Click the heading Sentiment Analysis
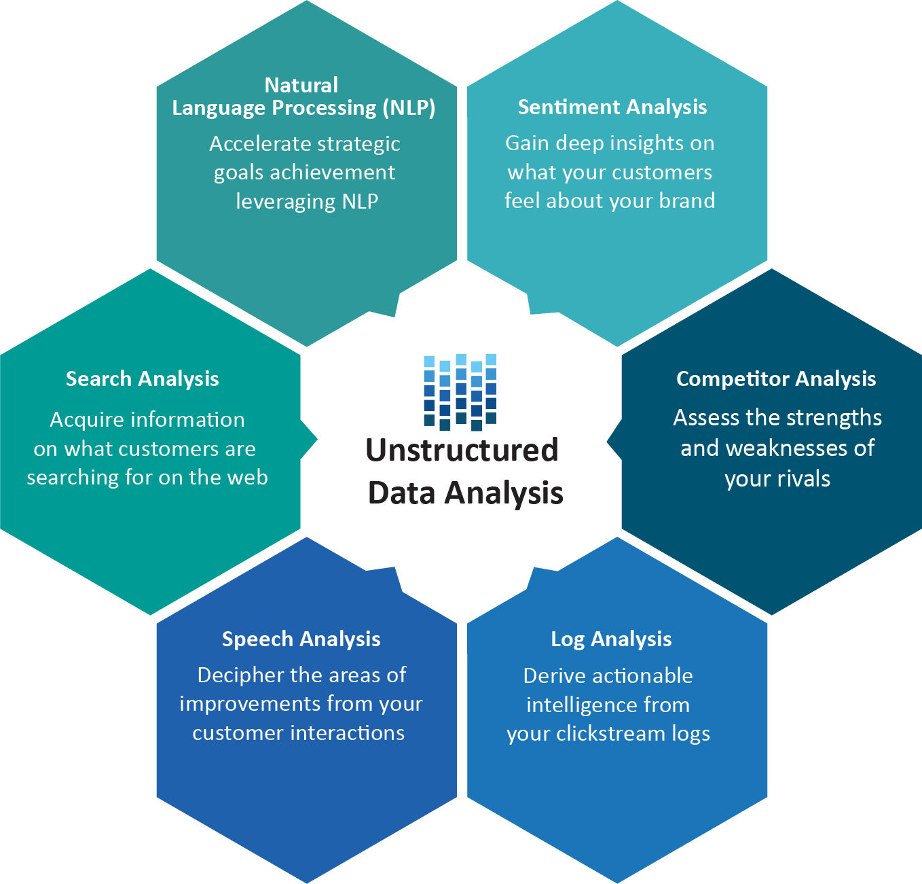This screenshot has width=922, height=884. [612, 107]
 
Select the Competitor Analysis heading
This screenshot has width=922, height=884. [776, 379]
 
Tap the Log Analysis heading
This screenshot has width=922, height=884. [611, 639]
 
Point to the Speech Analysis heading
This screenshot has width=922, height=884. [301, 639]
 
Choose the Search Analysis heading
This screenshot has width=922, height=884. [142, 379]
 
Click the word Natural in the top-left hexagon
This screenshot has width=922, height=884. [301, 85]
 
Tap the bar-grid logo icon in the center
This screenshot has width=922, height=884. [460, 391]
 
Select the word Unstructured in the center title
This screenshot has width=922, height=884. [462, 450]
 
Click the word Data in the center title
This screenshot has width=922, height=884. [402, 493]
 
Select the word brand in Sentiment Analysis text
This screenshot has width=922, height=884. [687, 201]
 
